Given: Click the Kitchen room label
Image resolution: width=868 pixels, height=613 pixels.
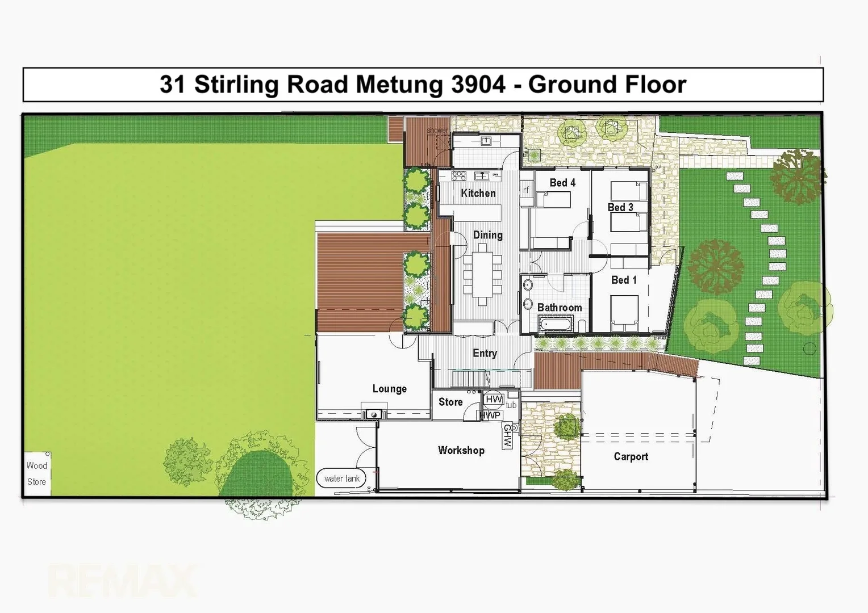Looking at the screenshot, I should coord(478,193).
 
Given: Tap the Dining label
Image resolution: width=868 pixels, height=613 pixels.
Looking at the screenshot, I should coord(487,235).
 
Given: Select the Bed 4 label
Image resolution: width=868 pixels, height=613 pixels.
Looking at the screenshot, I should coord(562,182).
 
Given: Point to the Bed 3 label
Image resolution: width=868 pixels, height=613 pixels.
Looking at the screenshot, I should coord(620,207).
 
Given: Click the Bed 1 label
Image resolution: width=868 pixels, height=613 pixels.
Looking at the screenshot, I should coord(623,280).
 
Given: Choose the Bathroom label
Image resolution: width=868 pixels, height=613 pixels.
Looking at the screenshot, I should coord(559,308).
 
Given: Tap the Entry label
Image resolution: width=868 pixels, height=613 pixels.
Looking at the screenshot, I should coord(485,353).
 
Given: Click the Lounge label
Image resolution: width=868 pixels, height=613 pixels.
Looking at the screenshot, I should coord(389,389).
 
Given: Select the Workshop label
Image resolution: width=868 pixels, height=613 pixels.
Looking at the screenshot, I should coord(461,450).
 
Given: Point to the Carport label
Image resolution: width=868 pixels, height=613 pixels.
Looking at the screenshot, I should coord(631,456).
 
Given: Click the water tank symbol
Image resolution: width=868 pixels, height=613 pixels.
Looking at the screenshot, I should coord(342,478).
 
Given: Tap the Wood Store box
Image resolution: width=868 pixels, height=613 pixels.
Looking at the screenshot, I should coord(37,474).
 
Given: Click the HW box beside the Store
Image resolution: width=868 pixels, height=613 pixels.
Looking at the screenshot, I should coord(494,400).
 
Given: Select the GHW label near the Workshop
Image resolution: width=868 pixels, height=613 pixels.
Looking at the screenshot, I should coord(507,436).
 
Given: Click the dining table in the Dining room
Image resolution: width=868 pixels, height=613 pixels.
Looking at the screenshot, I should coord(482,275).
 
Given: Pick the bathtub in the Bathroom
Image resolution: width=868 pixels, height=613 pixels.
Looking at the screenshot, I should coord(556,325).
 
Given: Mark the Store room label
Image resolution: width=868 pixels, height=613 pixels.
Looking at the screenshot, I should coord(450,402).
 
